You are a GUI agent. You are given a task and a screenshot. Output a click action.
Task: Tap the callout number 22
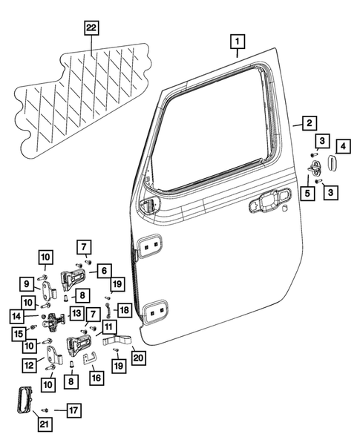(91, 28)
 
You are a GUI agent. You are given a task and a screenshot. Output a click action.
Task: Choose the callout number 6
(105, 271)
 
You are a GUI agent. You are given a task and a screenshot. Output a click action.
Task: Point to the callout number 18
(124, 309)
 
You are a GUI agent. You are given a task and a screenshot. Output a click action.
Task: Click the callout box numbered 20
(139, 358)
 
